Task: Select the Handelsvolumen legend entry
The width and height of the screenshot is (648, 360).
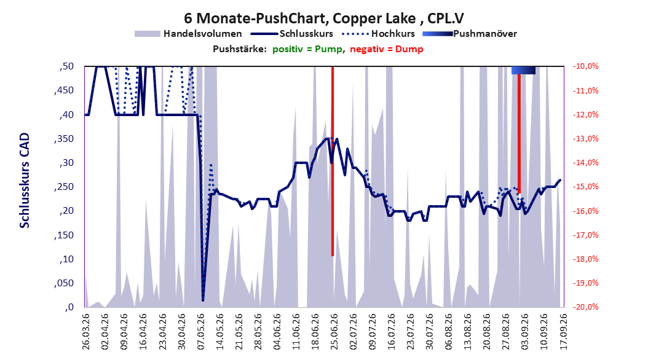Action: click(x=188, y=34)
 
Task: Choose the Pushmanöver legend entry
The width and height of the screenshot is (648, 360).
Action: click(x=470, y=34)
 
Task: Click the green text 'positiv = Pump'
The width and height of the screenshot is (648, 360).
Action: click(x=307, y=49)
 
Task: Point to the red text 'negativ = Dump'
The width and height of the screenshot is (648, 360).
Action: click(x=387, y=49)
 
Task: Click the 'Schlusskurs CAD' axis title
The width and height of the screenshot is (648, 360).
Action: click(x=25, y=181)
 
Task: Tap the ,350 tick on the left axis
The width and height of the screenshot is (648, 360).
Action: click(x=64, y=139)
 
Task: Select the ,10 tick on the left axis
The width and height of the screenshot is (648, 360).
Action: click(x=66, y=259)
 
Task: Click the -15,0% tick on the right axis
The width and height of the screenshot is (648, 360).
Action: click(x=585, y=187)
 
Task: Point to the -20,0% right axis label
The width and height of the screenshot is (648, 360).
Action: click(x=585, y=307)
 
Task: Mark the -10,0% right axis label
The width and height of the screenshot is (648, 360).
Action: click(x=585, y=66)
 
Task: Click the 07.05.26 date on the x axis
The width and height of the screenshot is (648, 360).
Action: click(x=200, y=332)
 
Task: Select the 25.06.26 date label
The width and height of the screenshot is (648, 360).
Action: click(x=334, y=332)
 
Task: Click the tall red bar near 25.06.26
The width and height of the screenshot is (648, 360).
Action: click(x=333, y=161)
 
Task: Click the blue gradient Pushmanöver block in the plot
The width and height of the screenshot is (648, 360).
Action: click(x=523, y=70)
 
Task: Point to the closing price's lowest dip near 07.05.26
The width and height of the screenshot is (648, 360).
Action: click(x=203, y=300)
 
